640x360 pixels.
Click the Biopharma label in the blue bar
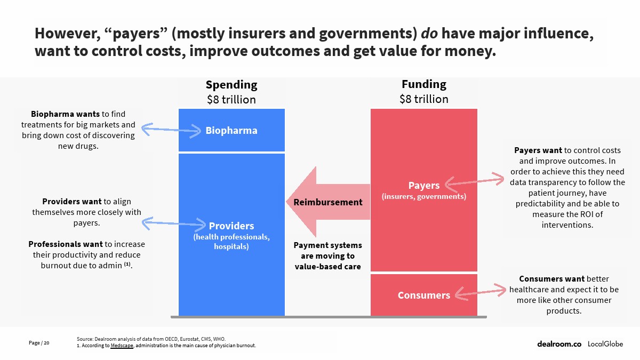[231, 131]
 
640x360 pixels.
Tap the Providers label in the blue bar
[231, 226]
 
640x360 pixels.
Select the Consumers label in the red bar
[423, 295]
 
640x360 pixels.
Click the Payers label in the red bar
[423, 186]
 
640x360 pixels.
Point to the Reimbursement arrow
[328, 202]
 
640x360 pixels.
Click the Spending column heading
[231, 85]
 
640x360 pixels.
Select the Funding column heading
[424, 84]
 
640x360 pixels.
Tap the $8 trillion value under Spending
[231, 100]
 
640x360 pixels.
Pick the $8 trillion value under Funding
[424, 99]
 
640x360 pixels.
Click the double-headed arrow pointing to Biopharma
[171, 130]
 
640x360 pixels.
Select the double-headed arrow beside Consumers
[481, 292]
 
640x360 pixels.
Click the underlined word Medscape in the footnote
[122, 346]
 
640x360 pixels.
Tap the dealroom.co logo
[559, 344]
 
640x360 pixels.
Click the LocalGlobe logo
[605, 344]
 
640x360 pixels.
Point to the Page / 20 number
[39, 343]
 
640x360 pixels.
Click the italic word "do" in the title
[429, 33]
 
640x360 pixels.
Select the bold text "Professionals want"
[66, 244]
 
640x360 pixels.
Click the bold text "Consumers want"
[551, 279]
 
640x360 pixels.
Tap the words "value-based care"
[327, 267]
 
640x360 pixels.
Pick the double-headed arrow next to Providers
[174, 223]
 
